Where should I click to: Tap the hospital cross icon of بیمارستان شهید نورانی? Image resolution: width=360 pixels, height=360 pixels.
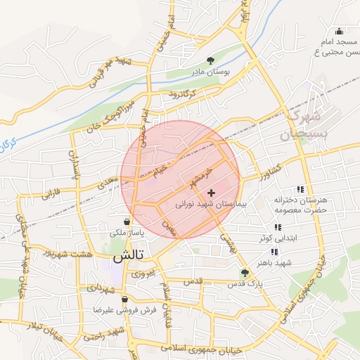pyautogui.click(x=212, y=192)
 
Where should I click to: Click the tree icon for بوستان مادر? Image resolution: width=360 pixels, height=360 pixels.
pyautogui.click(x=211, y=60)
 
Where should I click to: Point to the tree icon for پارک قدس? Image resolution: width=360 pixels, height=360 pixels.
pyautogui.click(x=245, y=273)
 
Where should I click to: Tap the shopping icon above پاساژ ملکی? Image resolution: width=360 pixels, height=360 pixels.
pyautogui.click(x=126, y=220)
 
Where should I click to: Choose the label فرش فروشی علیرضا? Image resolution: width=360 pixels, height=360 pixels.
pyautogui.click(x=124, y=309)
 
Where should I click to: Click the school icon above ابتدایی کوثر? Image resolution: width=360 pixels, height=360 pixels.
pyautogui.click(x=277, y=227)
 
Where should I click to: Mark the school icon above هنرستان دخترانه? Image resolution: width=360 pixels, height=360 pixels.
pyautogui.click(x=301, y=189)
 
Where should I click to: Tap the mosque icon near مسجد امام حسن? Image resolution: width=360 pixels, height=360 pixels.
pyautogui.click(x=340, y=31)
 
